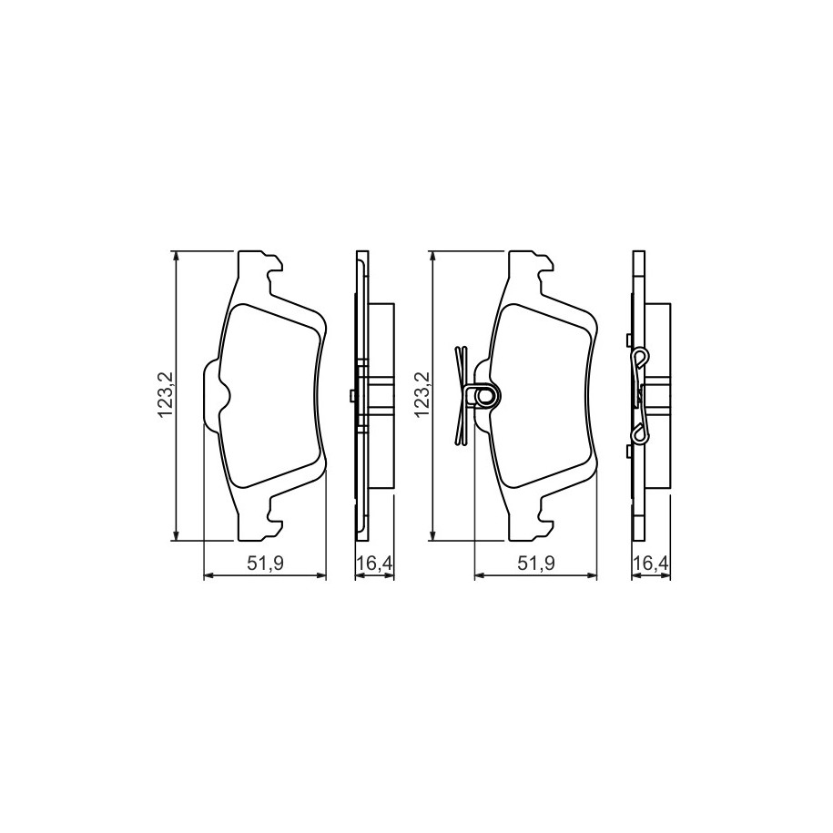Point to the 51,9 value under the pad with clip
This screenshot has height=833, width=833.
[537, 564]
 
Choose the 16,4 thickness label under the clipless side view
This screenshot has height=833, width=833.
[373, 564]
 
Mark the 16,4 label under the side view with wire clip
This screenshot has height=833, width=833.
[650, 564]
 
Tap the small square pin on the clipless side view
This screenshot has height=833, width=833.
[351, 394]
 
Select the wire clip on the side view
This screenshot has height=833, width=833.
[643, 395]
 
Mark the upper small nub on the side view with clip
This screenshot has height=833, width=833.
[629, 340]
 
